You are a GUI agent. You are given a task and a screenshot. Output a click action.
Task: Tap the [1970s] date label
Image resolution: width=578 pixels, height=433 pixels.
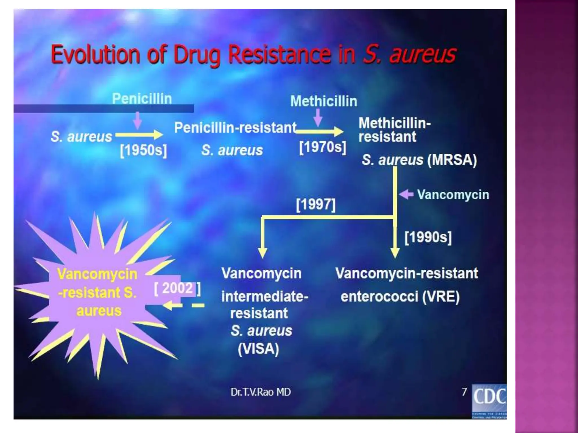pyautogui.click(x=323, y=147)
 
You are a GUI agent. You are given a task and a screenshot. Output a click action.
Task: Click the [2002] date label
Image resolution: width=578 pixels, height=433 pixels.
pyautogui.click(x=177, y=288)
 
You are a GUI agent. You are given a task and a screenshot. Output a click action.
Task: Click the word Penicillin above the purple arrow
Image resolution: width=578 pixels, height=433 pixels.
pyautogui.click(x=142, y=99)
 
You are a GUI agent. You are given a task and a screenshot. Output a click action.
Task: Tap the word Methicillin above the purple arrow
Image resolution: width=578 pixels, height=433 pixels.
pyautogui.click(x=324, y=101)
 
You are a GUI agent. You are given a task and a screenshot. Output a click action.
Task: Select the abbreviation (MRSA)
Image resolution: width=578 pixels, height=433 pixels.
pyautogui.click(x=452, y=160)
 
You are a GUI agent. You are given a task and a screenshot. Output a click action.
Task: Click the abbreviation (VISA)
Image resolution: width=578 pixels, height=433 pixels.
pyautogui.click(x=258, y=349)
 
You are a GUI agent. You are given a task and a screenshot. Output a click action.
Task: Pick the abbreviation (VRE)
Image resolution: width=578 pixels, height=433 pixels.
pyautogui.click(x=441, y=297)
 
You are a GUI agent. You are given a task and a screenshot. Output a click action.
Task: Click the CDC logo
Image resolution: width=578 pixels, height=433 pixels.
pyautogui.click(x=489, y=401)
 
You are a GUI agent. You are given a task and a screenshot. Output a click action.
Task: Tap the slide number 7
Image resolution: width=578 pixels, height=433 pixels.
pyautogui.click(x=464, y=392)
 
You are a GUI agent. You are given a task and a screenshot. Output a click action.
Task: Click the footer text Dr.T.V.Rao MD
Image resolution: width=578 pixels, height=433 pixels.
pyautogui.click(x=260, y=392)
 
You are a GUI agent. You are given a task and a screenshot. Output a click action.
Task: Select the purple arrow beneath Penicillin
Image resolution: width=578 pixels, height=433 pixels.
pyautogui.click(x=137, y=120)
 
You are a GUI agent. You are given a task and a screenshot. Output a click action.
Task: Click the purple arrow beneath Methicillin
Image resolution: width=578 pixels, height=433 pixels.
pyautogui.click(x=318, y=118)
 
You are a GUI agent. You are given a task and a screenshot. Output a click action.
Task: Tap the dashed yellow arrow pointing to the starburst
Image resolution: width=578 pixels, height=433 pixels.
pyautogui.click(x=183, y=305)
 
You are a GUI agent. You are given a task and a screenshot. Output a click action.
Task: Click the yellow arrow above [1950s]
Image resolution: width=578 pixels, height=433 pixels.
pyautogui.click(x=139, y=135)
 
